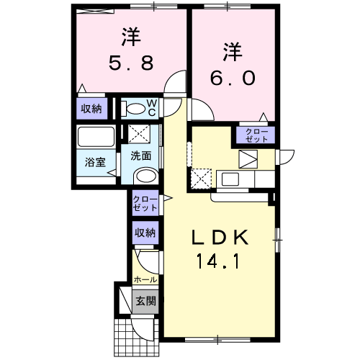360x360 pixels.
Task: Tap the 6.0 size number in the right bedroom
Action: coord(232,78)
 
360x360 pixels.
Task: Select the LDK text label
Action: coord(220,237)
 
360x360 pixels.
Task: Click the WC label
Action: coord(153,107)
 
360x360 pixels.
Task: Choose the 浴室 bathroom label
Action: coord(96,162)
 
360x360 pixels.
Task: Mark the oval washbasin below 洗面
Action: coord(146,176)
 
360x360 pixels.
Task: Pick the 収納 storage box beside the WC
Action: coord(91,109)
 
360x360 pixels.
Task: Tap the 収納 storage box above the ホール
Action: coord(144,233)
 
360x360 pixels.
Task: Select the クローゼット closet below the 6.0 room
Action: coord(255,135)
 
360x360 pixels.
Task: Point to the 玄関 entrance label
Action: coord(145,301)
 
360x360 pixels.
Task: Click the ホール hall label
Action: coord(145,279)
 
